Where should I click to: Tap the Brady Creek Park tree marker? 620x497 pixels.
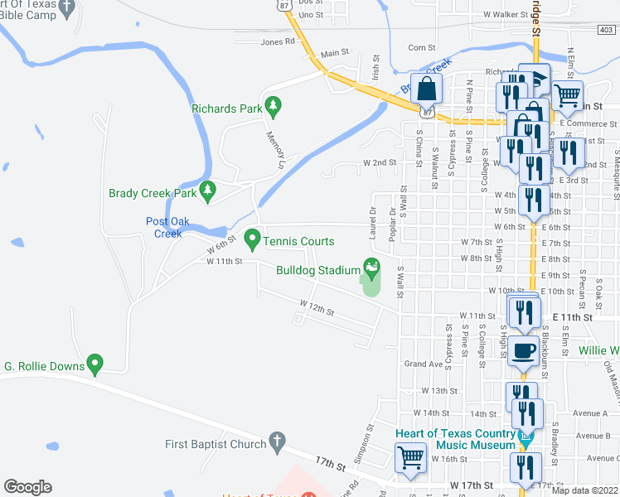[x=208, y=192]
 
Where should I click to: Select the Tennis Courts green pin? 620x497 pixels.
[x=252, y=240]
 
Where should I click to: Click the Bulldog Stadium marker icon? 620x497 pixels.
[x=372, y=268]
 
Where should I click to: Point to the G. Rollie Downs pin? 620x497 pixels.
[x=95, y=364]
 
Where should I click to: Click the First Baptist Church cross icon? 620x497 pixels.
[x=279, y=443]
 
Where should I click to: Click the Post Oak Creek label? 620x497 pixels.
[x=169, y=227]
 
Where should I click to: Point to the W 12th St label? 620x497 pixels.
[x=317, y=312]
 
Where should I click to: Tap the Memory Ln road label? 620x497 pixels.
[x=274, y=148]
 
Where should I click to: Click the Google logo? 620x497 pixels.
[x=27, y=487]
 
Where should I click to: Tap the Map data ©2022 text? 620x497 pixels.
[x=585, y=490]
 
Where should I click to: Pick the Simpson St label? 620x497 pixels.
[x=362, y=441]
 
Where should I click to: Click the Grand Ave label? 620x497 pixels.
[x=420, y=364]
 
